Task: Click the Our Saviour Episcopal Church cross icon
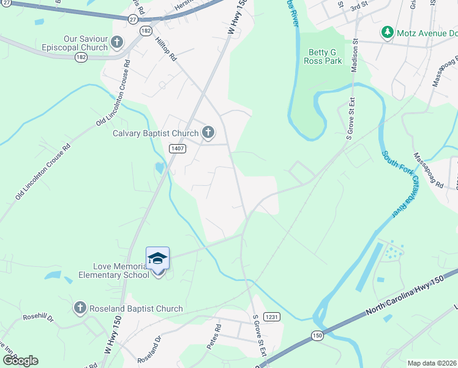[117, 44]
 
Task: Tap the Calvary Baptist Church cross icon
[208, 132]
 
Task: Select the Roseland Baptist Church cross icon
[80, 308]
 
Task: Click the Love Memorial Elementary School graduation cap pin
[157, 259]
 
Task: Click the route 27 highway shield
[133, 19]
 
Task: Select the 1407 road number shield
[178, 148]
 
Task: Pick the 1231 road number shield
[272, 316]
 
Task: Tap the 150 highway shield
[317, 335]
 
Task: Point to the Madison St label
[354, 57]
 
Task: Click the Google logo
[20, 360]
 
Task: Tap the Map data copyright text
[432, 363]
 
